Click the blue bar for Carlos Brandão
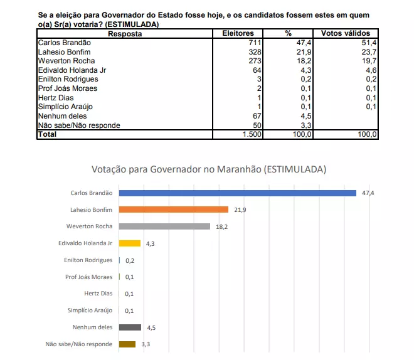237,193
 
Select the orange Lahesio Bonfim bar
174,209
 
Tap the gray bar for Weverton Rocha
164,226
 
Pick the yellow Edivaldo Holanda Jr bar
130,243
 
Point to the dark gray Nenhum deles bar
130,327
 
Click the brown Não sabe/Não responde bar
127,344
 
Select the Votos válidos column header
346,33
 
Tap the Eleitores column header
238,33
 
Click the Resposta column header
125,34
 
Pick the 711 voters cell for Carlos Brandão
255,43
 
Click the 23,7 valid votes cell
369,52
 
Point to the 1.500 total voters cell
252,134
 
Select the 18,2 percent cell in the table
304,61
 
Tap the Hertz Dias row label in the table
56,98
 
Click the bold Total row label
47,134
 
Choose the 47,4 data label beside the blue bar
368,193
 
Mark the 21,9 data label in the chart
240,210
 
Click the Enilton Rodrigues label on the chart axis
88,260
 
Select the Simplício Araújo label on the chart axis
90,310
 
